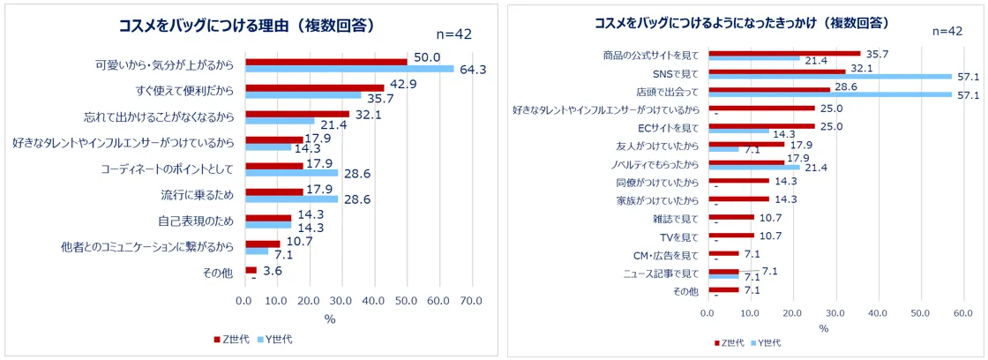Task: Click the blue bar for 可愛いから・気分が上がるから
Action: [x=348, y=68]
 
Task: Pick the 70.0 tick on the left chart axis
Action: [x=470, y=301]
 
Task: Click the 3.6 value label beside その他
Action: [x=273, y=271]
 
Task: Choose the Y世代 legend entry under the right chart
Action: [x=765, y=342]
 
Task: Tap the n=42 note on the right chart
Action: [x=947, y=31]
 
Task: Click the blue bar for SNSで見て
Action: [x=829, y=76]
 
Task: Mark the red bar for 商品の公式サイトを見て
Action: [x=783, y=53]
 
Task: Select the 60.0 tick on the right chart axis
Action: [x=961, y=312]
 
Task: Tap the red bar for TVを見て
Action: [x=731, y=235]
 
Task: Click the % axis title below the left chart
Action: [x=330, y=319]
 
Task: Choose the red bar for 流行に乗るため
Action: [x=273, y=191]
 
